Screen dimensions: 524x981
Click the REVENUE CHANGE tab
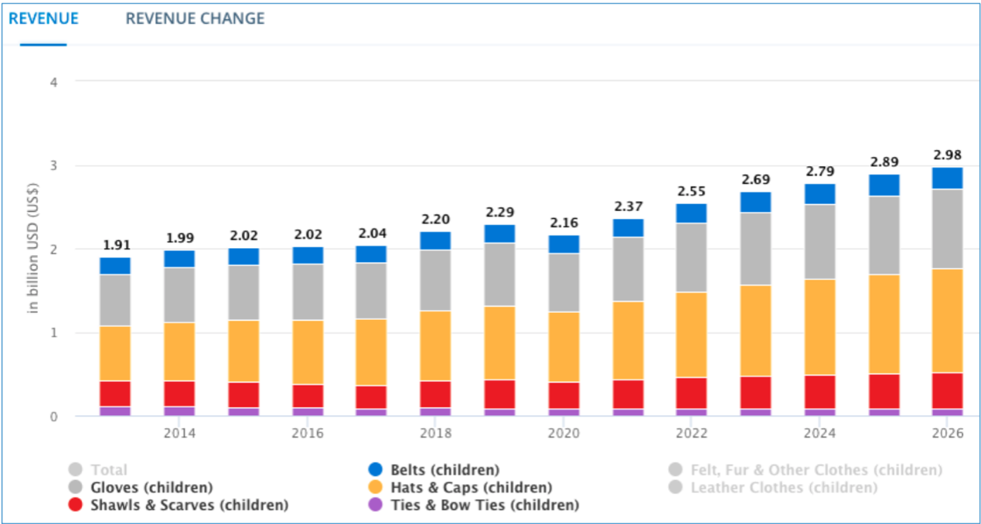coord(195,19)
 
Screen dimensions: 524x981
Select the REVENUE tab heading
coord(43,19)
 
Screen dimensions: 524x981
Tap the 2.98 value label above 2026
coord(947,155)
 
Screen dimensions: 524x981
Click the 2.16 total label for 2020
coord(564,223)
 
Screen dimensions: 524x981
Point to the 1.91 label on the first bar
coord(115,245)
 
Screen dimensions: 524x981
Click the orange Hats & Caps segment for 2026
coord(947,320)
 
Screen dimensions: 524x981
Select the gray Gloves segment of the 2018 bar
coord(435,280)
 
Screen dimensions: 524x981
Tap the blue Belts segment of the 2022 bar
coord(691,213)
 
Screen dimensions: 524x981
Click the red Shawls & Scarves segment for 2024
coord(819,392)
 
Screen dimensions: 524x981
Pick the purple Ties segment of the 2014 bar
coord(179,411)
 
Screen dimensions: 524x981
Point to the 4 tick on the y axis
coord(54,81)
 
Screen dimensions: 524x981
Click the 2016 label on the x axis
coord(307,434)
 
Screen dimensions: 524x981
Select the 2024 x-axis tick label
coord(819,434)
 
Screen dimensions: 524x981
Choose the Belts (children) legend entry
coord(444,470)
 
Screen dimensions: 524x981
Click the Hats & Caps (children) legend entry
coord(470,488)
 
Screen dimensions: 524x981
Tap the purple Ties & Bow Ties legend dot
coord(376,505)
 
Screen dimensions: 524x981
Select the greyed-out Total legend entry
coord(107,470)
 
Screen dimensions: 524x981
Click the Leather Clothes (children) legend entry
coord(783,488)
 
